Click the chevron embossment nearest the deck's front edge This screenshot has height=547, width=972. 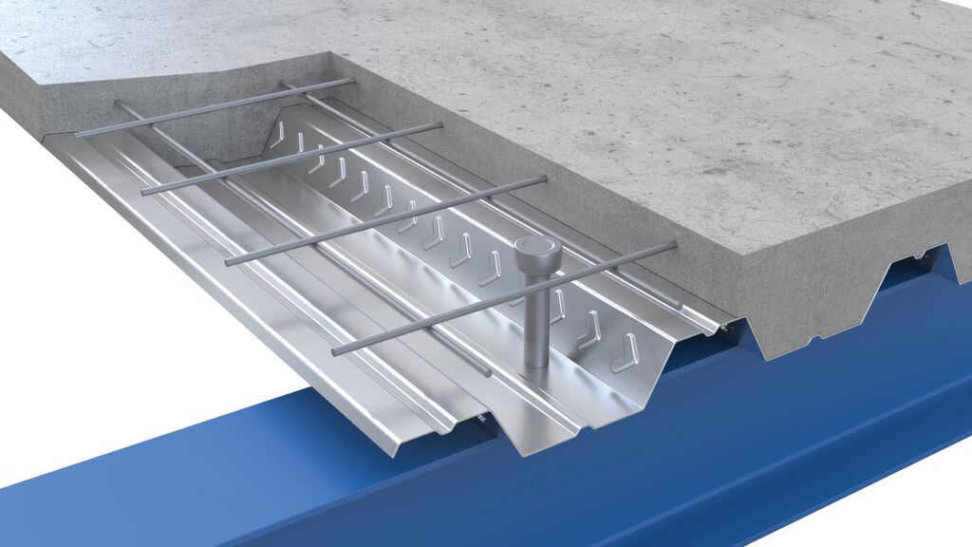(x=625, y=352)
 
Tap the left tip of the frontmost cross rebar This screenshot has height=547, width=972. (x=335, y=352)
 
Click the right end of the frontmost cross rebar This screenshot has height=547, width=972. (x=673, y=245)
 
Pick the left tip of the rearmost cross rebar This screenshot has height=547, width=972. (x=78, y=136)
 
